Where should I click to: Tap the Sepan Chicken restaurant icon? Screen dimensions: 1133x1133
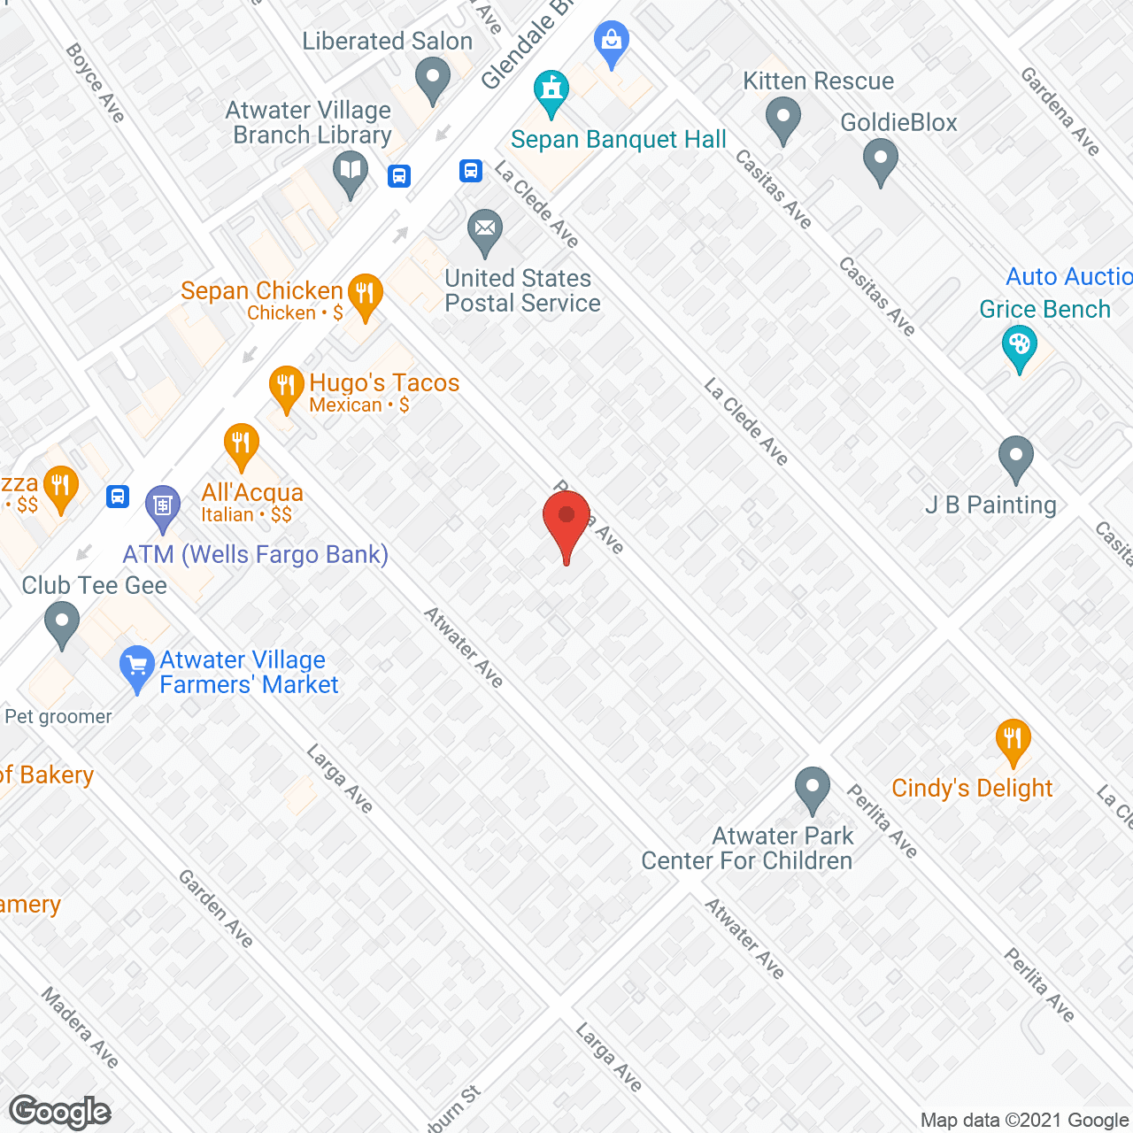[364, 295]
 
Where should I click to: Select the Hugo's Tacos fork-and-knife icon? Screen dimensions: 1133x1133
[285, 387]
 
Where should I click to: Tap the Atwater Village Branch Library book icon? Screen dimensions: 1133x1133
[351, 172]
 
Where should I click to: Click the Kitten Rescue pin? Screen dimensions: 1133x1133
[782, 119]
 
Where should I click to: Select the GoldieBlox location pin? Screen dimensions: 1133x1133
[880, 160]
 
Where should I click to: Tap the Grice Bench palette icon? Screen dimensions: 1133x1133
[1019, 347]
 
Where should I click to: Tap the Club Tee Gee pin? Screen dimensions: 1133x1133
[61, 622]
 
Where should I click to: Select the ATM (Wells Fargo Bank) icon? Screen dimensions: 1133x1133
[162, 505]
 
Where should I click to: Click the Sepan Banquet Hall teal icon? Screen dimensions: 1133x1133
[551, 92]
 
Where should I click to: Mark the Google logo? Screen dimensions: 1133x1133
[60, 1112]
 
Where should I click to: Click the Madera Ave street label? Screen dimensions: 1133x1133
[80, 1028]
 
